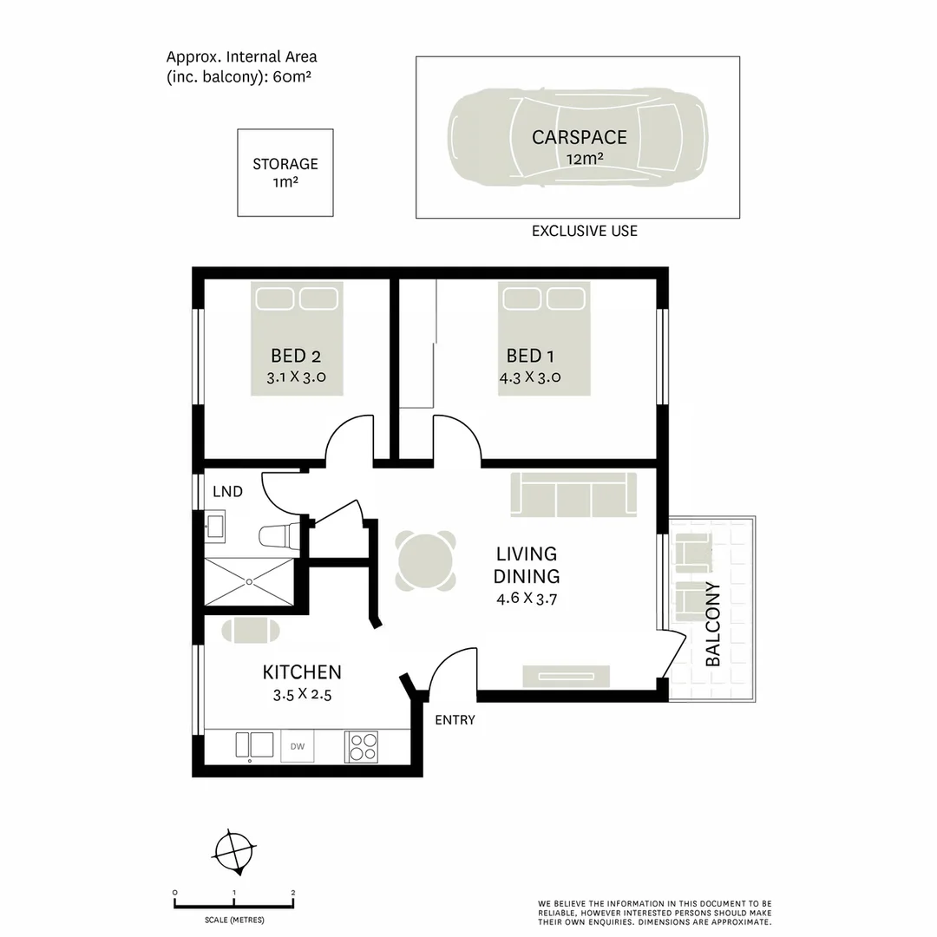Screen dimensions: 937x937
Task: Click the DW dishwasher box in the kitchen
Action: point(298,746)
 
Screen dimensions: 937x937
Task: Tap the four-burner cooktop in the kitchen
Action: point(362,746)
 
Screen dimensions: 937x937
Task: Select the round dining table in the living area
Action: point(425,560)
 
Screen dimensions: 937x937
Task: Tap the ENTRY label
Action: point(455,720)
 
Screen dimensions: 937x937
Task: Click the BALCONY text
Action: point(713,624)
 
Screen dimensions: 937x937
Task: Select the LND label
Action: point(227,492)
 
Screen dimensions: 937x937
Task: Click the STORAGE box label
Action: point(285,164)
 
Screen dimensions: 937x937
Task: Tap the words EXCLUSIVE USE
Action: point(584,231)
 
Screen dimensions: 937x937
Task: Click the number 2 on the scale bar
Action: point(293,893)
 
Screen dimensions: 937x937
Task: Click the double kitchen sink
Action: point(250,745)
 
